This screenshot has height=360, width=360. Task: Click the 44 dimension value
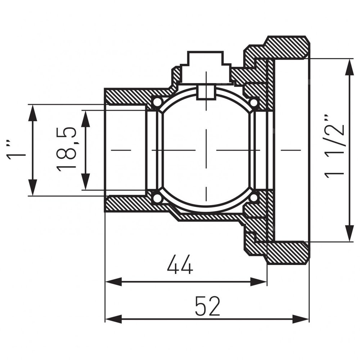tap(180, 265)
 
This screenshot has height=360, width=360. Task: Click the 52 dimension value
tap(208, 306)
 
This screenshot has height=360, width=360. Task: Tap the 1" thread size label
tap(15, 149)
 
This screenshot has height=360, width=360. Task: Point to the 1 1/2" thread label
tap(334, 145)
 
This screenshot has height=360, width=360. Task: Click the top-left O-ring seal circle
tap(157, 102)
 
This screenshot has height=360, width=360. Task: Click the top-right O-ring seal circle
tap(253, 102)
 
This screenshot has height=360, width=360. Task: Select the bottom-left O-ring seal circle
tap(157, 198)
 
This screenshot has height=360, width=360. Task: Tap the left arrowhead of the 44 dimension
tap(113, 282)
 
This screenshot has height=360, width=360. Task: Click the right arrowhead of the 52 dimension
tap(301, 319)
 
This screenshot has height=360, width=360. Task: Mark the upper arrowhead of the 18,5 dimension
tap(85, 119)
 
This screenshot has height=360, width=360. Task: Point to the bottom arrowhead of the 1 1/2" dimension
tap(350, 233)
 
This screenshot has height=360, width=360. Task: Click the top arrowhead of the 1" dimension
tap(33, 113)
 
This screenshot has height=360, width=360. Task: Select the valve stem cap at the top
tap(206, 67)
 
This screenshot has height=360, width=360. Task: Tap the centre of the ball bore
tap(206, 150)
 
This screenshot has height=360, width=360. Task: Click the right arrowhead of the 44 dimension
tap(258, 282)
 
